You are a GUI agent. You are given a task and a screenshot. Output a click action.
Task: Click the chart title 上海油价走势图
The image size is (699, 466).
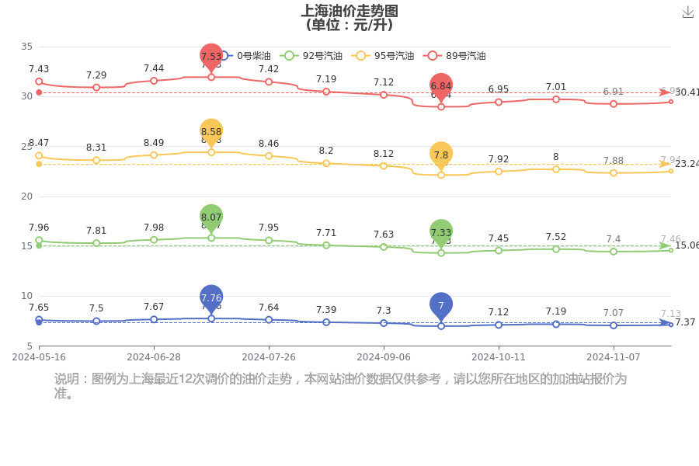[x=349, y=11]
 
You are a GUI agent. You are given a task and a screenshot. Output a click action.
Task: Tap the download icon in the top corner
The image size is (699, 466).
[x=687, y=12]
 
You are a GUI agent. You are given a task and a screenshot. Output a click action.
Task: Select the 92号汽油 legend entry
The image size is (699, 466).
[x=301, y=56]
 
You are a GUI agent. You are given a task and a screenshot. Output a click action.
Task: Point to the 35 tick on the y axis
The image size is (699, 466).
[x=26, y=47]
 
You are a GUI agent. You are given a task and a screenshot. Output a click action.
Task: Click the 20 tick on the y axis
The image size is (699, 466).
[x=26, y=196]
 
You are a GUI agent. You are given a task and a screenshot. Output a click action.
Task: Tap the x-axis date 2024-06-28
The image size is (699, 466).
[x=154, y=357]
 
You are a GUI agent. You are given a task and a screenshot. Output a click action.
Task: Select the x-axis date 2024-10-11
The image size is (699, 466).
[x=499, y=357]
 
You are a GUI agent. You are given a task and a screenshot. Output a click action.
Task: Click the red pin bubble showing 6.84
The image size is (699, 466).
[x=441, y=85]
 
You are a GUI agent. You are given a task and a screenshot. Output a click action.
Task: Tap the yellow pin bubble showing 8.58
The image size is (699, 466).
[x=211, y=131]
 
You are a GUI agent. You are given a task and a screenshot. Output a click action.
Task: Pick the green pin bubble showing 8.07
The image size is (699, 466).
[x=211, y=217]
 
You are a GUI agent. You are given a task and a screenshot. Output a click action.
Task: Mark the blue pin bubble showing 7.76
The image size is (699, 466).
[x=211, y=297]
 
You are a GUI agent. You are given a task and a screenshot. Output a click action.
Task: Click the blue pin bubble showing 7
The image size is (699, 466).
[x=441, y=305]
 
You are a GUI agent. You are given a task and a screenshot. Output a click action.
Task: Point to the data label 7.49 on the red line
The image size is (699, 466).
[x=39, y=69]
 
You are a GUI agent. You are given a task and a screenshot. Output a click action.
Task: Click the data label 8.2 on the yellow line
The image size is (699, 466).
[x=326, y=151]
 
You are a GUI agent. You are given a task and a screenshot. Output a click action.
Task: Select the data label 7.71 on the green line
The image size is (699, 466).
[x=326, y=233]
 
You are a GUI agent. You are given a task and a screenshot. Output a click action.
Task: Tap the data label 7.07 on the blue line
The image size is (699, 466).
[x=614, y=313]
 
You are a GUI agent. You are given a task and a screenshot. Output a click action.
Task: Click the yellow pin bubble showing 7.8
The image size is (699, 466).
[x=441, y=155]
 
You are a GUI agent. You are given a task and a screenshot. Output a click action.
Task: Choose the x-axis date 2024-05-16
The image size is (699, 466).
[x=39, y=357]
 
